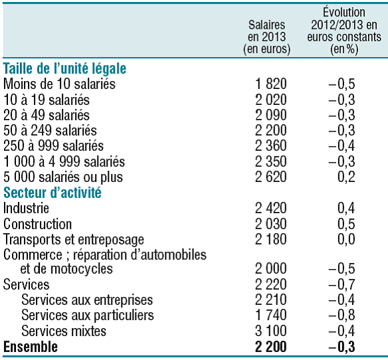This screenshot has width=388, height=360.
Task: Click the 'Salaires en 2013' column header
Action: [x=267, y=37]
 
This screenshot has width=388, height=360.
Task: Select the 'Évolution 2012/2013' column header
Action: [x=344, y=31]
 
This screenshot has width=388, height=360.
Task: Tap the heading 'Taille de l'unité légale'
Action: [x=64, y=68]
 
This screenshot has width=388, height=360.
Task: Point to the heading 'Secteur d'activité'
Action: [x=52, y=193]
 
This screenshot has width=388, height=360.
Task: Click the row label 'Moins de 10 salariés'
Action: [x=59, y=84]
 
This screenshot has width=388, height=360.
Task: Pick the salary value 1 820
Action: [x=270, y=84]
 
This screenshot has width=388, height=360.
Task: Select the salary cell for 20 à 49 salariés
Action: [x=270, y=115]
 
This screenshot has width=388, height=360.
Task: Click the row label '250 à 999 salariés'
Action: [x=53, y=145]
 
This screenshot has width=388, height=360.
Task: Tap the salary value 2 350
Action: [x=270, y=161]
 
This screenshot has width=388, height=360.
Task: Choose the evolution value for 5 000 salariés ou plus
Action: [x=346, y=177]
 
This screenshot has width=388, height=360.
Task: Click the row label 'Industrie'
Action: [x=26, y=208]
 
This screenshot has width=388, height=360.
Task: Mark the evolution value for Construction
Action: [x=346, y=223]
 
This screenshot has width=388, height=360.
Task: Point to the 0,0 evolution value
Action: [x=346, y=239]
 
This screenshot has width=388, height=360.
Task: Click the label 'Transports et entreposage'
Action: [x=74, y=240]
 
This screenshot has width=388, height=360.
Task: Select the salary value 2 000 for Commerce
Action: [x=270, y=269]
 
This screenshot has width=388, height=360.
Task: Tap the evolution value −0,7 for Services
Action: [x=341, y=284]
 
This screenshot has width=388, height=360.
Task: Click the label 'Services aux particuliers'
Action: [x=88, y=315]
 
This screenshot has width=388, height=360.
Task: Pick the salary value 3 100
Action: [x=270, y=331]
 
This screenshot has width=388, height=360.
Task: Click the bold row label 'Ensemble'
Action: [x=31, y=347]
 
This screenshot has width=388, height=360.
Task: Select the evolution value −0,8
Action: [x=341, y=315]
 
